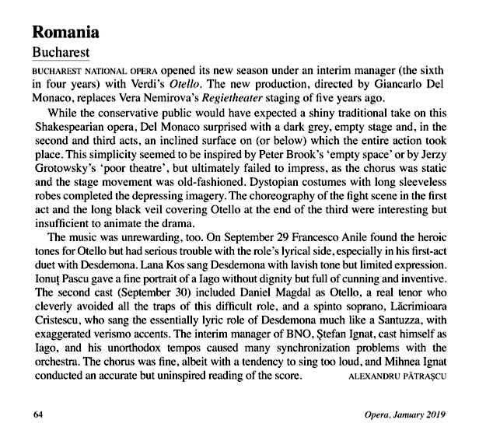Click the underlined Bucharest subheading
click(x=59, y=53)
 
